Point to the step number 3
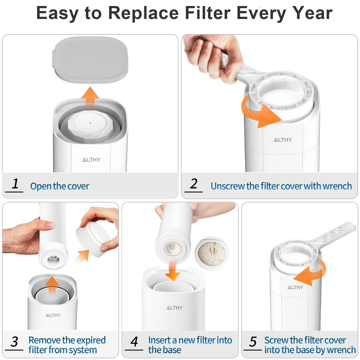pos(14,341)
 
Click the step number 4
pos(134,341)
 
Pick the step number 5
pos(253,341)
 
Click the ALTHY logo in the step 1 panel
pos(91,160)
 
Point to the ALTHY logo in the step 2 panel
pos(283,140)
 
